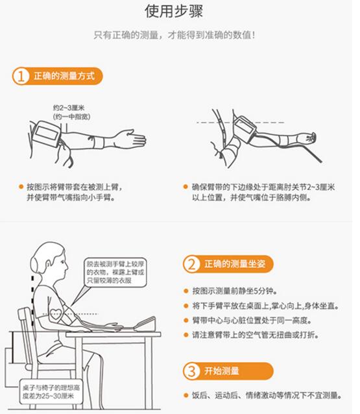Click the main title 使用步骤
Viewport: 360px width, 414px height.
pyautogui.click(x=174, y=11)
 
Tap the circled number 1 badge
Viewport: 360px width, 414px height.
pyautogui.click(x=21, y=77)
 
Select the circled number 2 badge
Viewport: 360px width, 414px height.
pyautogui.click(x=191, y=263)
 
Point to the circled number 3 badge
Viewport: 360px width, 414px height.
pyautogui.click(x=191, y=371)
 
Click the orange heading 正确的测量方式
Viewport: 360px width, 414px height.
pyautogui.click(x=64, y=76)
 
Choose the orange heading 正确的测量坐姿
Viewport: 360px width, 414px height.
pyautogui.click(x=235, y=263)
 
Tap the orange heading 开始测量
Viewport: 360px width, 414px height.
pyautogui.click(x=221, y=371)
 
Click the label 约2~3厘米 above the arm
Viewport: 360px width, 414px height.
pyautogui.click(x=69, y=108)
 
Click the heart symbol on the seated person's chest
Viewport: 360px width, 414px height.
pyautogui.click(x=56, y=315)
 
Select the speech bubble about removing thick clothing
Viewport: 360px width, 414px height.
pyautogui.click(x=115, y=273)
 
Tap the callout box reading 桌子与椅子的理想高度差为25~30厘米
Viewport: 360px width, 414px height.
pyautogui.click(x=51, y=392)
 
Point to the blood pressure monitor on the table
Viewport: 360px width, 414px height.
pyautogui.click(x=145, y=324)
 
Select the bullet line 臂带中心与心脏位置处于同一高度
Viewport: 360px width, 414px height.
pyautogui.click(x=252, y=321)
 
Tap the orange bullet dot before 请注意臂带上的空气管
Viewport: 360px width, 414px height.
pyautogui.click(x=186, y=335)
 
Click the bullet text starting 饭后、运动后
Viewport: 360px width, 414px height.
pyautogui.click(x=267, y=395)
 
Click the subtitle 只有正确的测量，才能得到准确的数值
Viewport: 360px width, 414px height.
pyautogui.click(x=174, y=35)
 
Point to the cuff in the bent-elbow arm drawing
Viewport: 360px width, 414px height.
pyautogui.click(x=244, y=130)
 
